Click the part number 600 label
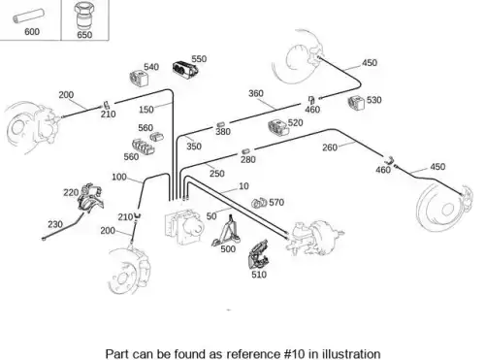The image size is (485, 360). [32, 32]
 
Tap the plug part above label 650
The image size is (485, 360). [83, 16]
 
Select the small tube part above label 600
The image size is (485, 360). [28, 16]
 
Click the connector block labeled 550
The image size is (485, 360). [185, 69]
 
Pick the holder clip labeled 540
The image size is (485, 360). [140, 78]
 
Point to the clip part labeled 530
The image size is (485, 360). [356, 102]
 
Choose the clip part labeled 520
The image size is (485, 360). [277, 126]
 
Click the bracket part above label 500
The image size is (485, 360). [227, 230]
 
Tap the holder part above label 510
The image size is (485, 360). [258, 254]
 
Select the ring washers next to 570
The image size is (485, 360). [259, 203]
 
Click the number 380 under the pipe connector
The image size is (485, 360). [223, 132]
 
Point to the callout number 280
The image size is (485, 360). [248, 159]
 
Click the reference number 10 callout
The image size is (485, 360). [243, 186]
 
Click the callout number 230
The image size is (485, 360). [55, 224]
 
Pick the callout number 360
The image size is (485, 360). [256, 93]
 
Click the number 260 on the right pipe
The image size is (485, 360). [330, 147]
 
